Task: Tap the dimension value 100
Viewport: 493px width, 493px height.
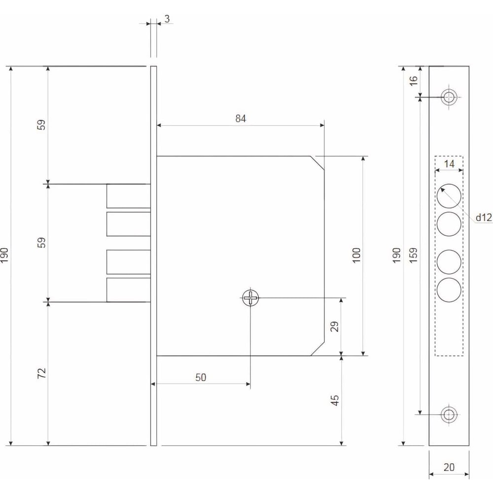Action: click(357, 254)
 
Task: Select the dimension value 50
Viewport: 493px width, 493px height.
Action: click(201, 377)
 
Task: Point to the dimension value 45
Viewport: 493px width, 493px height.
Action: click(335, 400)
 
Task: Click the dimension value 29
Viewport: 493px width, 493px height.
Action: click(335, 326)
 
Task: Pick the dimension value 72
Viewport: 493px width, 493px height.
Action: click(42, 373)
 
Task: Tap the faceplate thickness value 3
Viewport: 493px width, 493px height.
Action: click(167, 19)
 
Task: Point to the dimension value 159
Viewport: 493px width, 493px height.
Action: click(413, 254)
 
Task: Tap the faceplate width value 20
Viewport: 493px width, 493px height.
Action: click(448, 466)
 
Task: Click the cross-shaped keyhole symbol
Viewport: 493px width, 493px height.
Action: click(250, 297)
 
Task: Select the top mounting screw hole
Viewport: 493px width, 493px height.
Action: click(448, 97)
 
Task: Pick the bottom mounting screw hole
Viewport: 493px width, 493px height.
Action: click(448, 414)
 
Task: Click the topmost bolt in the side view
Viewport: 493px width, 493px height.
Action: click(128, 196)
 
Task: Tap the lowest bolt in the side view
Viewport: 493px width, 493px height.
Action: click(128, 290)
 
